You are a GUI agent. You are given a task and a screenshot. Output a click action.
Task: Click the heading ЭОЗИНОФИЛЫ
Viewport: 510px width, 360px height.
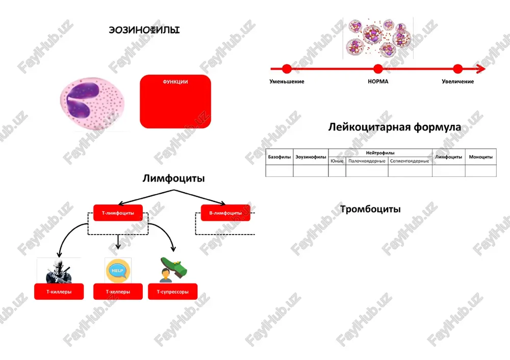(144, 30)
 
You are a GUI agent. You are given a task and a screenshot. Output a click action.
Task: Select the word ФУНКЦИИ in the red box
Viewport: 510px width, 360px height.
(175, 82)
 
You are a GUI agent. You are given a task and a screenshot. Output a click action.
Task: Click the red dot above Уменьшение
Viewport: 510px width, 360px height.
(287, 69)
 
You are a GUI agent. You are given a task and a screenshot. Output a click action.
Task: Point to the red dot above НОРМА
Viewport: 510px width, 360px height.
(378, 69)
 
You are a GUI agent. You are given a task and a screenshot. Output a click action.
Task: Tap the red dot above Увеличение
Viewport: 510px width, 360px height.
(457, 69)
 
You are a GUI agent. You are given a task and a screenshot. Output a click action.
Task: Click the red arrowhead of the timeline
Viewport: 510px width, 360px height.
(481, 69)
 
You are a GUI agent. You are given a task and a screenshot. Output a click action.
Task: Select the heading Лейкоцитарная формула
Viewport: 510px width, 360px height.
(395, 127)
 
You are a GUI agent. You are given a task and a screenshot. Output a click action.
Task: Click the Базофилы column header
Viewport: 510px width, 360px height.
(279, 157)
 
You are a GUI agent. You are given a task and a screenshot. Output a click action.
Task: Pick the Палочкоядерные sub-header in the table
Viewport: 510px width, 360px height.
(367, 161)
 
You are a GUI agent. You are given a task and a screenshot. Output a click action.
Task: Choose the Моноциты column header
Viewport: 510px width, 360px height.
(481, 157)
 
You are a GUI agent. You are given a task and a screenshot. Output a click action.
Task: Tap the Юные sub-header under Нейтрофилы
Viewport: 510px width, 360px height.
(337, 161)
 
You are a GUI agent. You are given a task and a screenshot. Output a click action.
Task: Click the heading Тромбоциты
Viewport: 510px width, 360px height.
(370, 209)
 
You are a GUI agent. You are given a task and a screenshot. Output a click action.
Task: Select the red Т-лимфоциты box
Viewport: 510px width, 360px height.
(118, 213)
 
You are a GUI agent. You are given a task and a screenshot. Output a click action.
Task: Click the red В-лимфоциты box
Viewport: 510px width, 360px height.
(225, 213)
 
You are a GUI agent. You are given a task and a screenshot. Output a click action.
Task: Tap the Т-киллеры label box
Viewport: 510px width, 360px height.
(59, 291)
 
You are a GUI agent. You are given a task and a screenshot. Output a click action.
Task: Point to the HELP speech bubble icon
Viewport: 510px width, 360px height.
(118, 271)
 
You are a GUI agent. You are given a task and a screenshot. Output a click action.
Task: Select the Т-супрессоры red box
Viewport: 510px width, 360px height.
(173, 291)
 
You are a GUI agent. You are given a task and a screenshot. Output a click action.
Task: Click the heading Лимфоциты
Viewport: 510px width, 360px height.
(174, 178)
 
